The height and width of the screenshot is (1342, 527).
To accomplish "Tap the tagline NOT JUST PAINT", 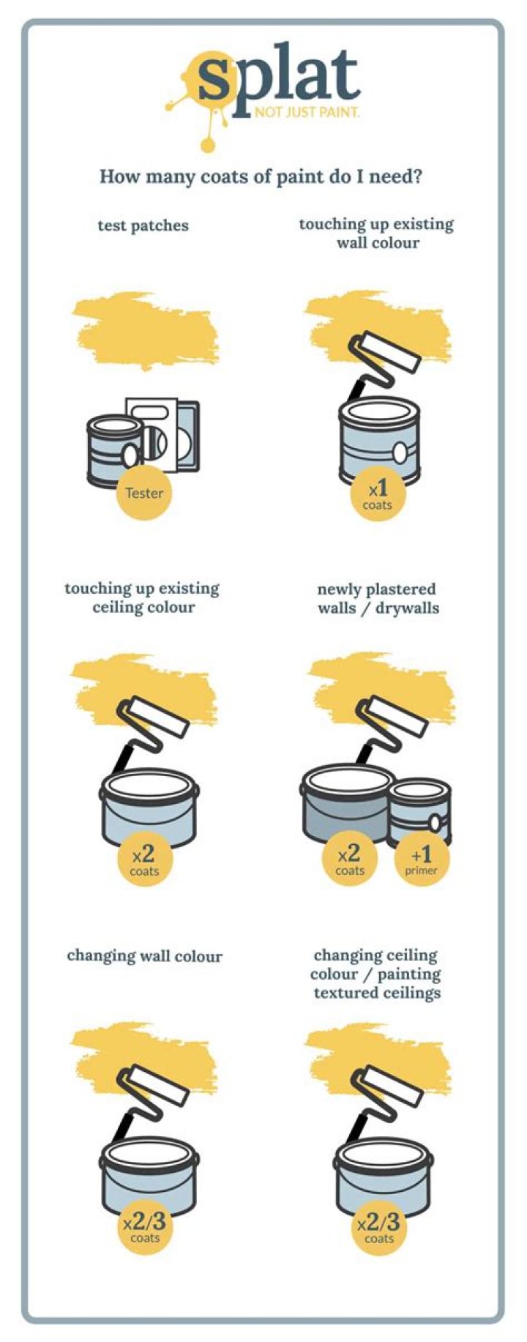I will [x=307, y=113].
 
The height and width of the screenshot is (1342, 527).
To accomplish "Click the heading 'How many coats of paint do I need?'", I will [x=261, y=176].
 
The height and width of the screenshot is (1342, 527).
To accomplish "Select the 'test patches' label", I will [x=143, y=225].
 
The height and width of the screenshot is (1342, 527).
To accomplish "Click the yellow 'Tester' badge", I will [x=144, y=492].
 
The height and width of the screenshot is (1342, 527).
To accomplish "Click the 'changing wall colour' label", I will [x=144, y=955].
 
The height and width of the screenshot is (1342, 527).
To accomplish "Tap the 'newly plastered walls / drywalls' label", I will [x=377, y=598].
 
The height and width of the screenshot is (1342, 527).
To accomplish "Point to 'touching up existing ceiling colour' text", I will [x=143, y=597].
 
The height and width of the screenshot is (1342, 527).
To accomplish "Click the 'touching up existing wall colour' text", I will [x=377, y=234].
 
